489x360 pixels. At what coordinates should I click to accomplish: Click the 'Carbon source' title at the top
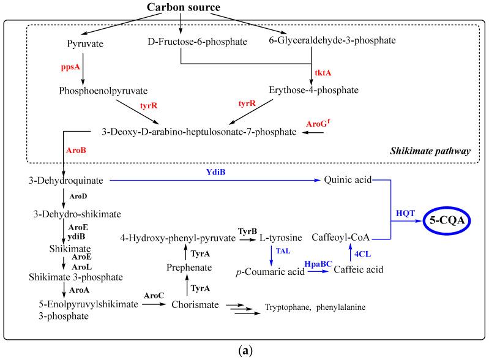(x=182, y=8)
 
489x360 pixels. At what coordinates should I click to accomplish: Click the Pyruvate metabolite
(x=83, y=43)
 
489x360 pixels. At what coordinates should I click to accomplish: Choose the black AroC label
(x=152, y=295)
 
